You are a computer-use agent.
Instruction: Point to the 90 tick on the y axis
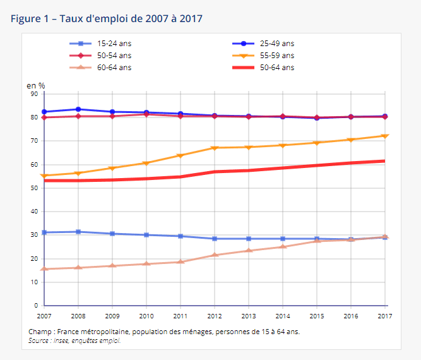pyautogui.click(x=34, y=94)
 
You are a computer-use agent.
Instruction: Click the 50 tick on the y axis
pyautogui.click(x=34, y=188)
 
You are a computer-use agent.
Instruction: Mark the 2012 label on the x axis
pyautogui.click(x=215, y=315)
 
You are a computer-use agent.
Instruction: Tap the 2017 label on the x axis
pyautogui.click(x=385, y=315)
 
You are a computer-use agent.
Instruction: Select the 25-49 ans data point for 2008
pyautogui.click(x=78, y=109)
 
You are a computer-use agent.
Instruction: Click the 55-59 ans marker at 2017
pyautogui.click(x=385, y=136)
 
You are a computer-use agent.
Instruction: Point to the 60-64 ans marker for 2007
pyautogui.click(x=44, y=269)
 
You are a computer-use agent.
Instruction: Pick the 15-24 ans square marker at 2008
pyautogui.click(x=78, y=232)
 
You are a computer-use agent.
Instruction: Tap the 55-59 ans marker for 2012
pyautogui.click(x=215, y=148)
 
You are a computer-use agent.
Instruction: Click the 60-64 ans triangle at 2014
pyautogui.click(x=283, y=246)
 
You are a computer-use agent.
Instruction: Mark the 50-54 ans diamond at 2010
pyautogui.click(x=146, y=114)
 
